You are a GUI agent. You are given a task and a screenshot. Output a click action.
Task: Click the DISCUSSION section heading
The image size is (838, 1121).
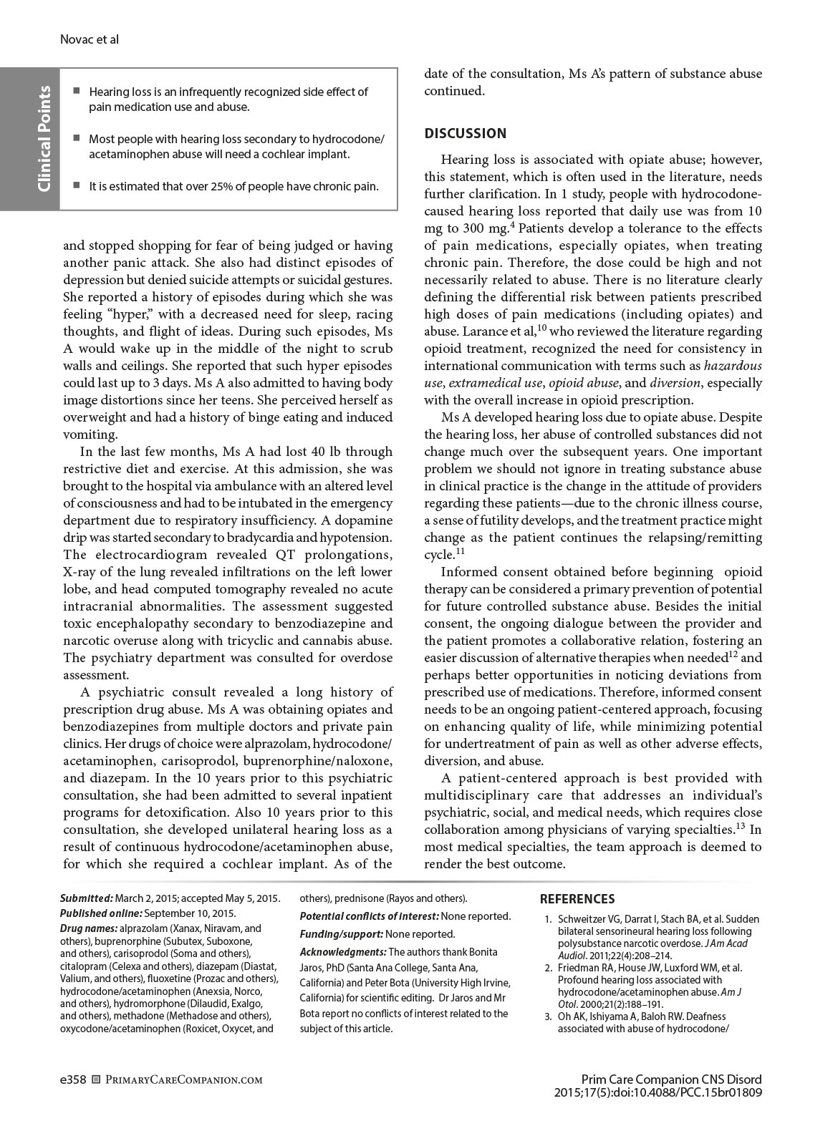pyautogui.click(x=465, y=133)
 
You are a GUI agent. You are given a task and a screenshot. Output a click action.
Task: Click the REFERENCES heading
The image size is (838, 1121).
pyautogui.click(x=577, y=899)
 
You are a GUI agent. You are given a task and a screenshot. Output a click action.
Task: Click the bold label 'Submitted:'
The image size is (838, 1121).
pyautogui.click(x=86, y=898)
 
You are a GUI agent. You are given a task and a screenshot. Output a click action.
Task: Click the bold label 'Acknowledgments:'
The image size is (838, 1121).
pyautogui.click(x=342, y=952)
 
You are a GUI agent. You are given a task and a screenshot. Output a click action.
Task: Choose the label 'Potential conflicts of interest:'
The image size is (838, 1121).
pyautogui.click(x=368, y=916)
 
